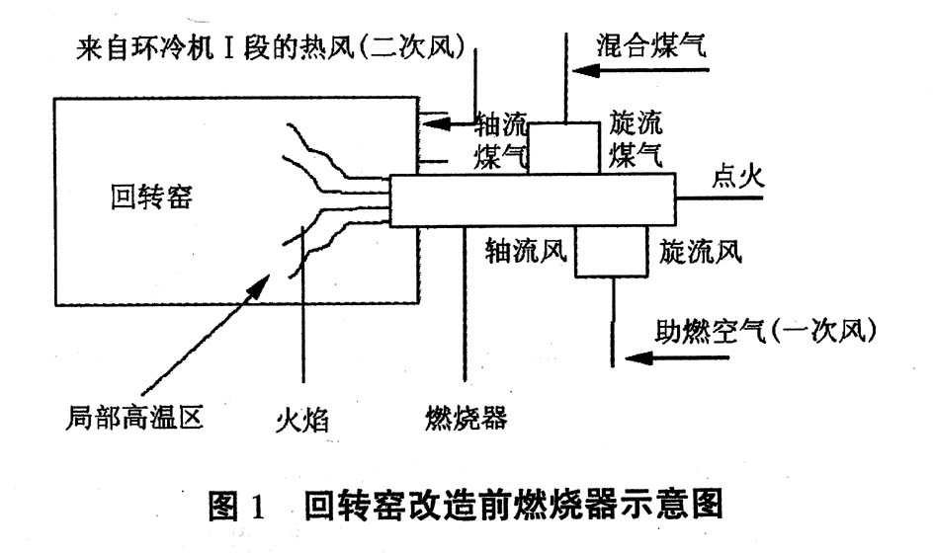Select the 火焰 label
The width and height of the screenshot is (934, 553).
(x=299, y=423)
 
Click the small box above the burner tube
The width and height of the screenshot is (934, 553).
(x=563, y=148)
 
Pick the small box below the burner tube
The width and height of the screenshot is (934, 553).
(x=611, y=249)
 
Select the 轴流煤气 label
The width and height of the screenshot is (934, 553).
(x=502, y=140)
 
